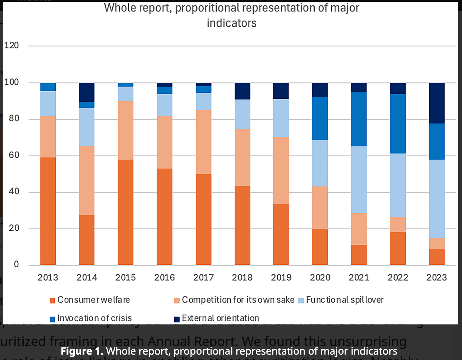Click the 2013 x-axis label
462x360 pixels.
pos(48,277)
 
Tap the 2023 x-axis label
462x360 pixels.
pos(436,277)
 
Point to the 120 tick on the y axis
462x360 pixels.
pos(11,46)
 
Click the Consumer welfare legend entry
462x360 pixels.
pos(93,300)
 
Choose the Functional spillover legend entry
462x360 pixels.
pos(345,300)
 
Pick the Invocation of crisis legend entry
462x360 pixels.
pos(94,318)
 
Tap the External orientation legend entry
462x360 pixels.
pos(220,318)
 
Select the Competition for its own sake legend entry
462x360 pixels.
pos(238,300)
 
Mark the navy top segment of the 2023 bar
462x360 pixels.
pos(436,103)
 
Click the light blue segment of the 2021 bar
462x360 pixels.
pos(359,180)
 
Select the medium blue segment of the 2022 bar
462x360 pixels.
pos(398,124)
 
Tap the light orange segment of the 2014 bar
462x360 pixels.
pos(87,180)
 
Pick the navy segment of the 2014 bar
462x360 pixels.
pos(87,92)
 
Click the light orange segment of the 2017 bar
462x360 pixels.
pos(203,142)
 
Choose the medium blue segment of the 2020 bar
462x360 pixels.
pos(320,119)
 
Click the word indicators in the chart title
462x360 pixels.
pos(231,23)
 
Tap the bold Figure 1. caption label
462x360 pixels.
pos(82,351)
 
